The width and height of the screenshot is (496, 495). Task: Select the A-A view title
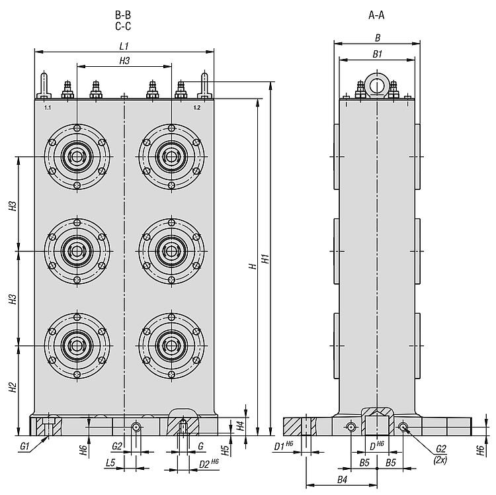pos(377,14)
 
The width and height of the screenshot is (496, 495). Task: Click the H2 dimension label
pos(13,388)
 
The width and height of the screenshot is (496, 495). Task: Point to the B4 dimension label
pos(342,478)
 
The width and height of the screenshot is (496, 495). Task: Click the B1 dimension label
pos(377,55)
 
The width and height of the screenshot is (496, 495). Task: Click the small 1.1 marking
pos(47,107)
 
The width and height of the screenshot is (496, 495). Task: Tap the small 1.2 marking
pos(196,107)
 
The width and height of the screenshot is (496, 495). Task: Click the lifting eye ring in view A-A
pos(377,85)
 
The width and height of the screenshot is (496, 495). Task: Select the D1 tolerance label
pos(284,447)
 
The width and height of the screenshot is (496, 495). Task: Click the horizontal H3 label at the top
pos(124,61)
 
